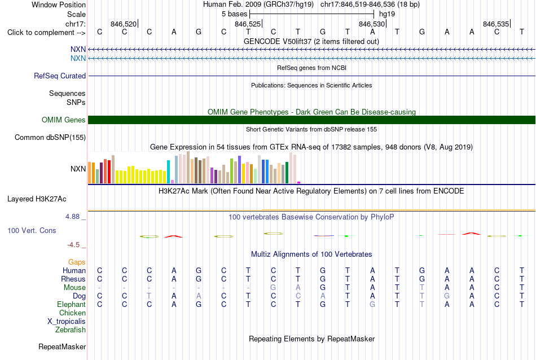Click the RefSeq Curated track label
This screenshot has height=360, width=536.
(60, 76)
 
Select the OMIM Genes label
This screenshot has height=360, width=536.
(64, 120)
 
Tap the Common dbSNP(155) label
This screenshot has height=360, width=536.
(50, 138)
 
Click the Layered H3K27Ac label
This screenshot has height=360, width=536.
(37, 199)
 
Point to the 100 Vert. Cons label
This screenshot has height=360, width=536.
(32, 230)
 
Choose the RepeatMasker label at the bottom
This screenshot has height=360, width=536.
(62, 346)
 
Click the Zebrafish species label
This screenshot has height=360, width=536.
(71, 330)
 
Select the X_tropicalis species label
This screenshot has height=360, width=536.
(67, 322)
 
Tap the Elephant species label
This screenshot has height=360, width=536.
(72, 304)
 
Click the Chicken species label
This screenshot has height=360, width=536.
(72, 313)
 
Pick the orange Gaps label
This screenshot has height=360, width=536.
(77, 262)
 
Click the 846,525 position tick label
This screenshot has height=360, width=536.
(248, 24)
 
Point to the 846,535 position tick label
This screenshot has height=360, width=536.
(496, 24)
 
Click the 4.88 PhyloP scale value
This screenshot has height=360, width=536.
(72, 217)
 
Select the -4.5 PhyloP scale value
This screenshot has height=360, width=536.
(73, 245)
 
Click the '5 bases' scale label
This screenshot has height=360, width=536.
(235, 14)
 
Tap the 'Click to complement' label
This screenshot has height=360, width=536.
(46, 33)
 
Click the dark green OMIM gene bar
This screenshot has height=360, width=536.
(311, 120)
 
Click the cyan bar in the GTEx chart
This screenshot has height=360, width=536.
(168, 172)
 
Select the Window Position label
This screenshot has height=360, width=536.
(59, 5)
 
